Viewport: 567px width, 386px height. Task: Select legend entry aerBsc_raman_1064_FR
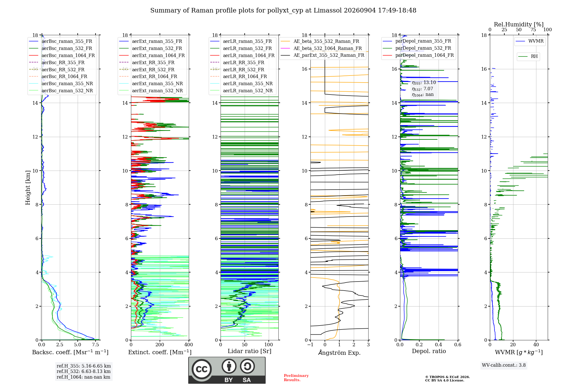click(68, 55)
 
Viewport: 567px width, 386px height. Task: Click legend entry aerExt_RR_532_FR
click(153, 70)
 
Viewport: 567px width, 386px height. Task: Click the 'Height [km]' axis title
click(28, 188)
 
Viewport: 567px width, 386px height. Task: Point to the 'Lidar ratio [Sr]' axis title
click(249, 351)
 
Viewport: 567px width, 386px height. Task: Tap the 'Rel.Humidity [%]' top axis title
click(519, 24)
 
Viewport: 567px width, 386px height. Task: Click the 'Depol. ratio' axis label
click(429, 351)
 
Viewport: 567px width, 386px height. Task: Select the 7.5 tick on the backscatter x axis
click(96, 345)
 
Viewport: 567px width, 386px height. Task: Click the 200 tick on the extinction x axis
click(160, 345)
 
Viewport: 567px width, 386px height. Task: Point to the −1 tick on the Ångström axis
click(310, 345)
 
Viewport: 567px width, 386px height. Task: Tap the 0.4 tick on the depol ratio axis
click(439, 345)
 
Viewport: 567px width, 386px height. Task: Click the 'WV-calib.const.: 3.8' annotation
click(504, 365)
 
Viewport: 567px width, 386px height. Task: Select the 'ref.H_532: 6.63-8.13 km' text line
click(84, 372)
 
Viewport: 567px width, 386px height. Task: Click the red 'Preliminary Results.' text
click(296, 378)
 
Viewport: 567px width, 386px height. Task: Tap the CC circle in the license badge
click(202, 369)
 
